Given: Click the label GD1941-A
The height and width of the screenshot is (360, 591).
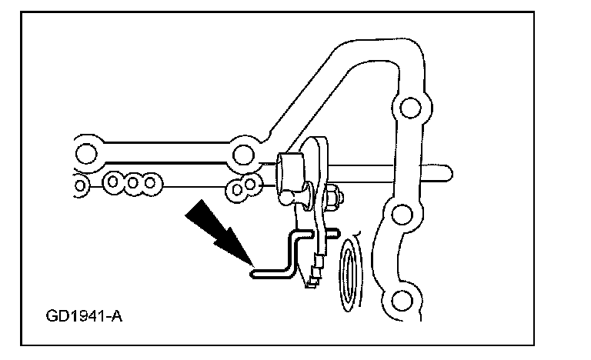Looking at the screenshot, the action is [x=83, y=315].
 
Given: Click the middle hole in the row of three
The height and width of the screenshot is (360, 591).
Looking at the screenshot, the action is [x=133, y=183].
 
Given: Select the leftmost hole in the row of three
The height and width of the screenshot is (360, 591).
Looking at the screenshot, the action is [x=115, y=183].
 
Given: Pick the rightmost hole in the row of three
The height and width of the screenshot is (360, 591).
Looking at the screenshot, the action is [x=152, y=183].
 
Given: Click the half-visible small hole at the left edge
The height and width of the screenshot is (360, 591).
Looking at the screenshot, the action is [x=79, y=184].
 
